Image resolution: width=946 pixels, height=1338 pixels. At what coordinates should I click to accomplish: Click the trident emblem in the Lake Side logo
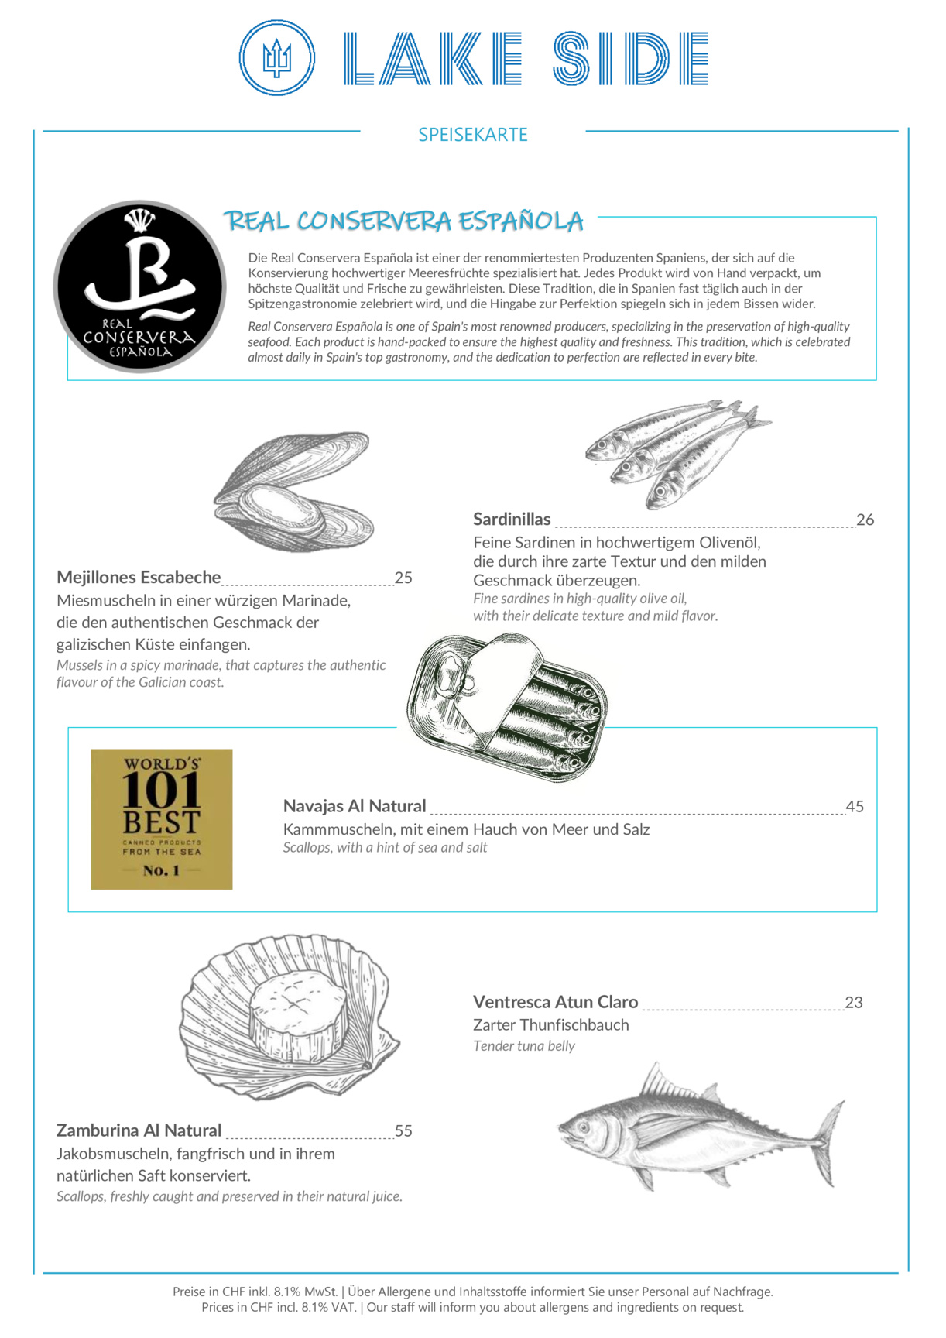tap(276, 58)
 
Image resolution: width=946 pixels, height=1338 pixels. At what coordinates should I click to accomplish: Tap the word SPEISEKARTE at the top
tap(472, 135)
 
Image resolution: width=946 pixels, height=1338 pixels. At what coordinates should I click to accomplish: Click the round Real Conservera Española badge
tap(139, 287)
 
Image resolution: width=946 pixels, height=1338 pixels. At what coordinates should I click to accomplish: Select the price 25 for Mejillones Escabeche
tap(403, 578)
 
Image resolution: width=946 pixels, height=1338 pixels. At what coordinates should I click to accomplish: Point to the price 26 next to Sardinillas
tap(865, 520)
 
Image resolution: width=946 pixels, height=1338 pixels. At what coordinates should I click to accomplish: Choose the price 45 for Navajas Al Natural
tap(855, 807)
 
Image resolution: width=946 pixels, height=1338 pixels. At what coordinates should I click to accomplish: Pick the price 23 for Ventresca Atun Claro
tap(853, 1003)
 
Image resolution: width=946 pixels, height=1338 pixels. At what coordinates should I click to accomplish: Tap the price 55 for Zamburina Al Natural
tap(403, 1131)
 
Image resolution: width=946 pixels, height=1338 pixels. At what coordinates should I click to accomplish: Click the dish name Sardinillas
tap(512, 520)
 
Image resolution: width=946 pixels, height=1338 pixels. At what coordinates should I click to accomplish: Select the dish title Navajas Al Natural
tap(355, 806)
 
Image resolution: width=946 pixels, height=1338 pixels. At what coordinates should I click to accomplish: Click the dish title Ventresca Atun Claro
tap(555, 1002)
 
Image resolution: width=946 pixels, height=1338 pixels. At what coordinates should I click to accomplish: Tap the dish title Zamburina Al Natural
tap(139, 1130)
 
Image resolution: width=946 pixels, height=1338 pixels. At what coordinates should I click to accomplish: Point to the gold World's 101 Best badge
tap(162, 818)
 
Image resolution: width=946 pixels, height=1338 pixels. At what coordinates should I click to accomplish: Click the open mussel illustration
tap(294, 492)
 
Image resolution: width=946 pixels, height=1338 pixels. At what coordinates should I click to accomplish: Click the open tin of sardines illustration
tap(507, 705)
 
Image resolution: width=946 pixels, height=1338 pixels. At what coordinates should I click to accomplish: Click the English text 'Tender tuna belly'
tap(524, 1046)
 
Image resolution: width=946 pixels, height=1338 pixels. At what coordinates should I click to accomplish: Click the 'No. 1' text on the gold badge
tap(161, 870)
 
